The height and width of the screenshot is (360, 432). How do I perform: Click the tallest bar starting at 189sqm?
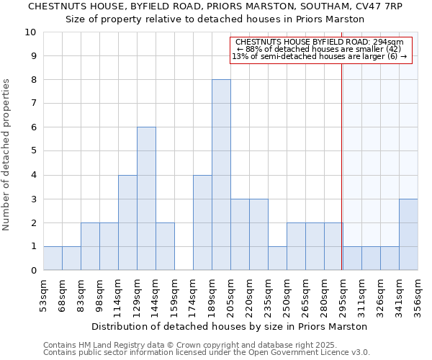[x=221, y=175]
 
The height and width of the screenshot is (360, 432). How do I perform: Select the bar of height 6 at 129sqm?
[x=146, y=199]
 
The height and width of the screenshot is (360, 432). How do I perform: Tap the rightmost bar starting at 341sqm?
[x=408, y=235]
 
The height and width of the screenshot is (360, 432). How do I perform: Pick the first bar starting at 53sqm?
[x=53, y=258]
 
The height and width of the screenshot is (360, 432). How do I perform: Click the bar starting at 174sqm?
[x=202, y=222]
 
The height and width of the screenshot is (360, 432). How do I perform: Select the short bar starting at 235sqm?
[x=277, y=258]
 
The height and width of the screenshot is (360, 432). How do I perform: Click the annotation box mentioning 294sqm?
[x=321, y=49]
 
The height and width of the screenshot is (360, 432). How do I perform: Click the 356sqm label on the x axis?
[x=418, y=296]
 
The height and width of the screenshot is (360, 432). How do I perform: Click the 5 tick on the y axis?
[x=33, y=151]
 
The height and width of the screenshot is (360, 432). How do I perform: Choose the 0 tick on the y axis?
[x=33, y=271]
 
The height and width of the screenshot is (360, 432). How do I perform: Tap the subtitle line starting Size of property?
[x=215, y=19]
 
